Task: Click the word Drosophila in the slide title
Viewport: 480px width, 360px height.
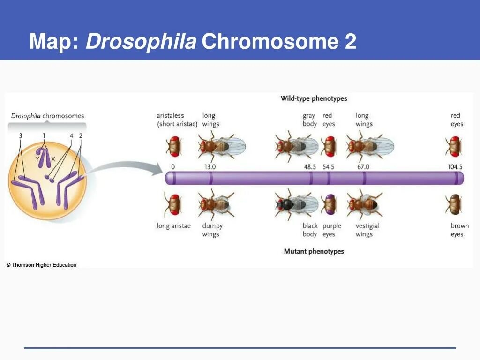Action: (x=141, y=42)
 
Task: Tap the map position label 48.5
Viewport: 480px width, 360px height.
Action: (x=310, y=167)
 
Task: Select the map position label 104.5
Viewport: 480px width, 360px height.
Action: (x=455, y=167)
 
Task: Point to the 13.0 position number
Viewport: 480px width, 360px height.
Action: (x=210, y=167)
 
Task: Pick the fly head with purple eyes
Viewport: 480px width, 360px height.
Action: (x=329, y=204)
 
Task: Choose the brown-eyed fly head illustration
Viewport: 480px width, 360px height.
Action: (x=454, y=204)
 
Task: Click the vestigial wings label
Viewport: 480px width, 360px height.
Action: (x=367, y=230)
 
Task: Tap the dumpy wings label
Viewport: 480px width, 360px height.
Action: (x=212, y=230)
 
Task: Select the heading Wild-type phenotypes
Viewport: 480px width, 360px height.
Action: (x=314, y=98)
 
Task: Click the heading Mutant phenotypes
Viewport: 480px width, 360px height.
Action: (x=314, y=251)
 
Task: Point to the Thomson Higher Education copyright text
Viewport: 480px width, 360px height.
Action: (x=41, y=265)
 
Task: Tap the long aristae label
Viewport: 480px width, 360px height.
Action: (x=173, y=226)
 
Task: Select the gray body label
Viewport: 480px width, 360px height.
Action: (x=309, y=120)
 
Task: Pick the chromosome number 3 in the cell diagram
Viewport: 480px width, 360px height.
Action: (x=20, y=135)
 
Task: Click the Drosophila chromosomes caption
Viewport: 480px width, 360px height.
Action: (x=47, y=116)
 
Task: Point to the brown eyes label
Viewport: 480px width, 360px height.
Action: (x=459, y=230)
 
